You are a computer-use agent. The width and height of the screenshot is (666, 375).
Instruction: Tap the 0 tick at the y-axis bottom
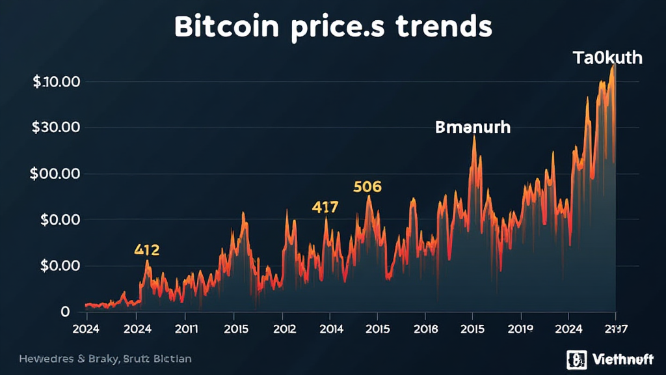64,312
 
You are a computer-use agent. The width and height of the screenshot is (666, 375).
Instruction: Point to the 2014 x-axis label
331,329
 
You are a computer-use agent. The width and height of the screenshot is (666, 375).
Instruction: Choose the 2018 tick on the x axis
425,329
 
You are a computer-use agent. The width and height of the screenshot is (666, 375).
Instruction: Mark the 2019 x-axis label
520,329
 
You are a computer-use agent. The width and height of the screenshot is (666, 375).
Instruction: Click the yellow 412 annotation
147,249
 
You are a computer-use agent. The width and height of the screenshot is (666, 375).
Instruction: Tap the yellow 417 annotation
325,208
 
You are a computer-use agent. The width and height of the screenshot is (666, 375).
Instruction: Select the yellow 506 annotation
367,187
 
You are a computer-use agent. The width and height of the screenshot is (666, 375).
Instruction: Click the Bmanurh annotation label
473,127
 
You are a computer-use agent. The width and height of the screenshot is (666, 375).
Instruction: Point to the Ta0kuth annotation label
607,58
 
